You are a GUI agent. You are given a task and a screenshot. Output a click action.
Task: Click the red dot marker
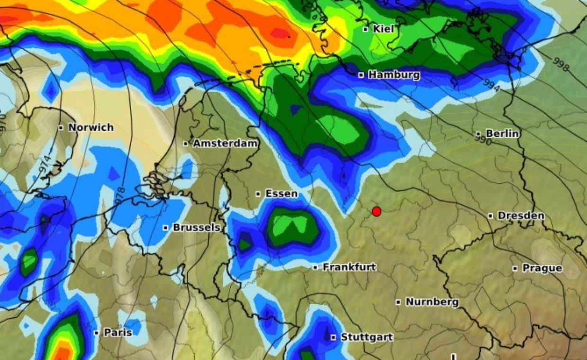point(377,211)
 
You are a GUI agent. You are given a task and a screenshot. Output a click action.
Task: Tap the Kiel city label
point(383,29)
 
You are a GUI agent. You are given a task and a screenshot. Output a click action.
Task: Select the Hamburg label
point(394,75)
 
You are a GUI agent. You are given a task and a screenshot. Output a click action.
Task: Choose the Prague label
point(542,268)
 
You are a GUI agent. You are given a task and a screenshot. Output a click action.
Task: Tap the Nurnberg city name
point(432,302)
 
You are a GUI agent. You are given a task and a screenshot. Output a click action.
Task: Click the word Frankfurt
point(349,267)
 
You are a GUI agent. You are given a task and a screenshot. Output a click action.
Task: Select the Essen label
point(281,194)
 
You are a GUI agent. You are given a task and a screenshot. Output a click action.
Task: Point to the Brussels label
point(196,227)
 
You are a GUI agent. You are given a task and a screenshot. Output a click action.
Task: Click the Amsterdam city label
point(225,143)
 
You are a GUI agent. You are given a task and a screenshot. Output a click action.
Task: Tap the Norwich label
point(91,127)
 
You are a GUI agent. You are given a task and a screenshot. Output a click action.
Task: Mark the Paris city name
point(117,333)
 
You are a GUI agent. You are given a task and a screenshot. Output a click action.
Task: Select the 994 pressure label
point(491,85)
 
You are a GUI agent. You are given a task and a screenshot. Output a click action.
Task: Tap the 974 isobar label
point(45,163)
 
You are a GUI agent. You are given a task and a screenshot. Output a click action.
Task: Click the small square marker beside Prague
point(515,269)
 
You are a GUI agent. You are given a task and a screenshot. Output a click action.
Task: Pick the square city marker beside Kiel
point(366,29)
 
